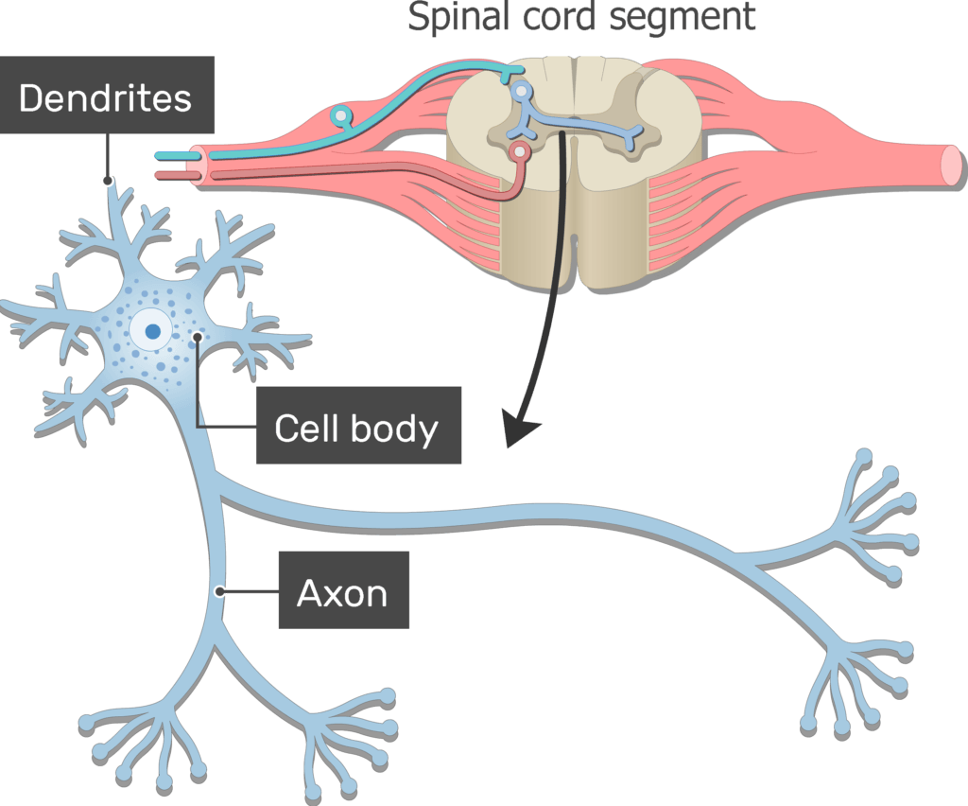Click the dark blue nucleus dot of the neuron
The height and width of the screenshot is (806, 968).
[x=152, y=331]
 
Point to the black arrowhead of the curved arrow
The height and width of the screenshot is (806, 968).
[x=519, y=430]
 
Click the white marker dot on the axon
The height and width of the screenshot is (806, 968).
[x=219, y=591]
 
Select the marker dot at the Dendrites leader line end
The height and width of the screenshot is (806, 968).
[x=108, y=180]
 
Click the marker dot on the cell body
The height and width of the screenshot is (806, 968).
[x=197, y=337]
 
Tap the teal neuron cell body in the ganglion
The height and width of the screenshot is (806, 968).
[x=340, y=117]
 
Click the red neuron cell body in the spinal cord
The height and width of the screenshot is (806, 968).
[x=517, y=151]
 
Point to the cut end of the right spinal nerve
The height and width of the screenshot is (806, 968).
[x=950, y=164]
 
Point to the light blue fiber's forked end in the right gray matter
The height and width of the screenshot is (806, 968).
[x=634, y=139]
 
